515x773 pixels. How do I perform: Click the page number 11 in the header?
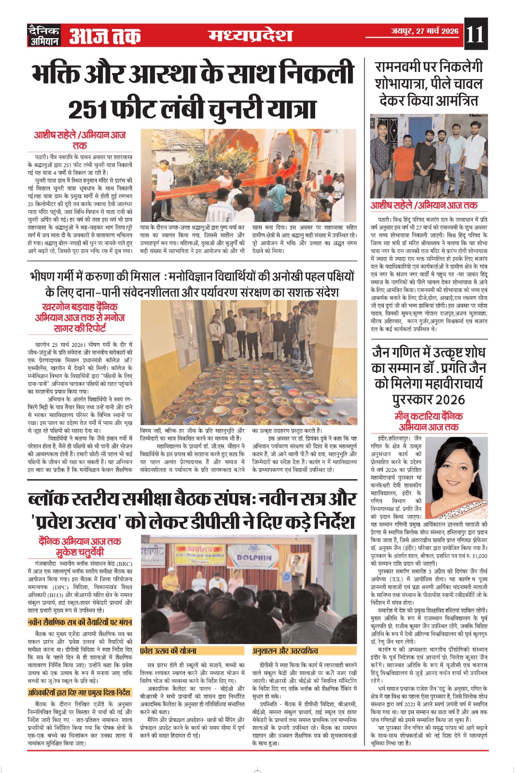point(475,35)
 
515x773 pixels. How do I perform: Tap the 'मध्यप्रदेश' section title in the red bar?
point(251,35)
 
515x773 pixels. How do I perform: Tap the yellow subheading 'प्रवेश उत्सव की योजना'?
point(169,651)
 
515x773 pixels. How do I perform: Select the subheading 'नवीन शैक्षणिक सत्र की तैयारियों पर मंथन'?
point(80,622)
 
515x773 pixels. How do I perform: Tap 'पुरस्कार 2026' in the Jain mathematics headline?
point(429,400)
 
